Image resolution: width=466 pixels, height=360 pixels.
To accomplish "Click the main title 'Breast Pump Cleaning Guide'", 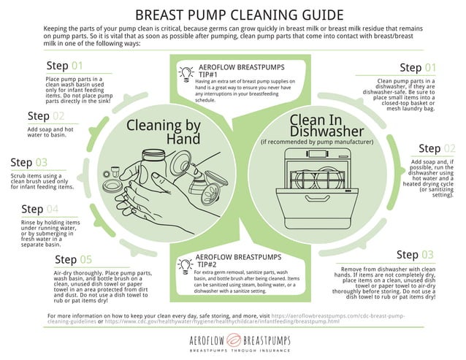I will (x=232, y=14).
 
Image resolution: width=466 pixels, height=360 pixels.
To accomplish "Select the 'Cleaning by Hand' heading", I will (x=164, y=131).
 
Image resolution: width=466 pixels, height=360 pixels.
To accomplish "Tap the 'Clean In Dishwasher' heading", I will (x=316, y=126).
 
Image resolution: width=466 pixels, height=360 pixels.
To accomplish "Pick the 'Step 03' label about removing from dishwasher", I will (x=415, y=255).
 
